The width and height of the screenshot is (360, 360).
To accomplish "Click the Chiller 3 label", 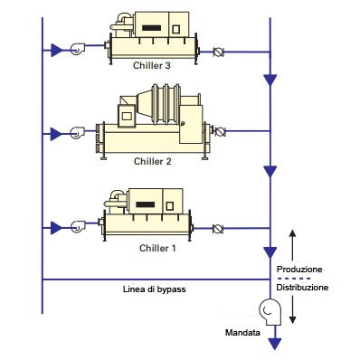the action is coord(152,65).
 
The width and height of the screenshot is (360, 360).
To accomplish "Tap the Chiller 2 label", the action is coord(152,161).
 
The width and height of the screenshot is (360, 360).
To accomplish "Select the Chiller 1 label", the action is coord(157,248).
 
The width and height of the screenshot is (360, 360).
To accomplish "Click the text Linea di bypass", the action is coord(155,289).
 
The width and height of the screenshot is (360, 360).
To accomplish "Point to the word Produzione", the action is coord(299,269).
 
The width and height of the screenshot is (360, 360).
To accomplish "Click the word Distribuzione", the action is coord(302,287).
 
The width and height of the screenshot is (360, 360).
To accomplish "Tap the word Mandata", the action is coord(242,333).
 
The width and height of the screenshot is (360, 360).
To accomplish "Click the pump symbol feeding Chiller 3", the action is coord(78,49).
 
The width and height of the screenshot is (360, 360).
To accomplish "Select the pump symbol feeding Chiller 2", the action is coord(78,133).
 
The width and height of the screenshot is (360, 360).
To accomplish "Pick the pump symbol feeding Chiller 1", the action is coord(78,226).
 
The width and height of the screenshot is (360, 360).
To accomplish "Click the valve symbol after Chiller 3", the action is coord(218,52).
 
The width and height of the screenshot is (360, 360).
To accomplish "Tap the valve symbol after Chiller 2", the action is coord(221,132).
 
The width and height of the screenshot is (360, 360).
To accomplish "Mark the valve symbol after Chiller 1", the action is coord(217,229).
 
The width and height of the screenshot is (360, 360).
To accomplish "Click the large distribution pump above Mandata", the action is coord(270,311).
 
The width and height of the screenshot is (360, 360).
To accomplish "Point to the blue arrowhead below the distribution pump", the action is coord(274,344).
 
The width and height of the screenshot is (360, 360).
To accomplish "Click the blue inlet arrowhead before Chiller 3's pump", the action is coord(56,50).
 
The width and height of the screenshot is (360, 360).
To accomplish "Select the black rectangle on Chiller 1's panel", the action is coord(146,204).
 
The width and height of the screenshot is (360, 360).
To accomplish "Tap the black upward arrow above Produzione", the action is coord(292,245).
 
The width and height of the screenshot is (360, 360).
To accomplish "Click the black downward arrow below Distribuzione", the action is coord(292,309).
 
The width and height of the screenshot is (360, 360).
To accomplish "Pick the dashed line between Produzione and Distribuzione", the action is coord(294,279).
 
